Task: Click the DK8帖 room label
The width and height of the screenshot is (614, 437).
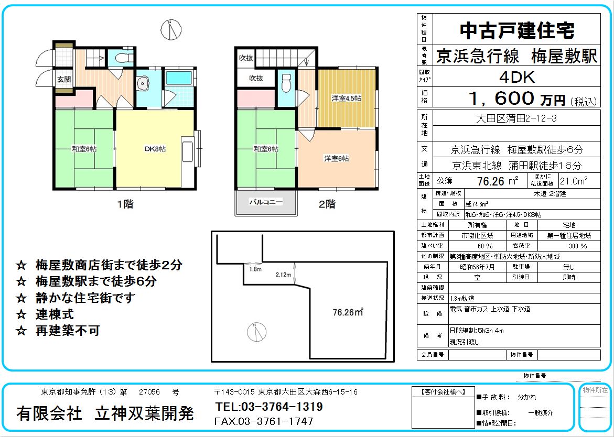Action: click(x=155, y=149)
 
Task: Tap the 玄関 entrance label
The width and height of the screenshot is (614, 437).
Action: click(x=64, y=80)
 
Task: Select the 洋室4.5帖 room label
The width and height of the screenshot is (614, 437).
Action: click(x=346, y=98)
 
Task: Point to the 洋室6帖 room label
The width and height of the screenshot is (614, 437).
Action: click(x=336, y=158)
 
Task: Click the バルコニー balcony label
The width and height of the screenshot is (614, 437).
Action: click(x=266, y=202)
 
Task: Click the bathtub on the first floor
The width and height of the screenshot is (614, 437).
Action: click(x=178, y=78)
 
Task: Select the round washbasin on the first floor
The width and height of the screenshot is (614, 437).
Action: click(x=142, y=83)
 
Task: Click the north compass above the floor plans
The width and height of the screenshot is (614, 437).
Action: click(x=171, y=29)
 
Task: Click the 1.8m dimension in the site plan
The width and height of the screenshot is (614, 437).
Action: click(x=255, y=269)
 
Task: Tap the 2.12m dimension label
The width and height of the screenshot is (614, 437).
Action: click(x=284, y=275)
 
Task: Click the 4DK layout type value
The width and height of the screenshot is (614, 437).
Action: click(x=517, y=78)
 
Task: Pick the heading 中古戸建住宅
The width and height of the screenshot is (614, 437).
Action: click(x=517, y=30)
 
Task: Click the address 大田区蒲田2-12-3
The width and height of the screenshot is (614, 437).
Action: click(x=516, y=118)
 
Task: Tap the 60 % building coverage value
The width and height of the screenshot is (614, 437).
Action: click(x=485, y=246)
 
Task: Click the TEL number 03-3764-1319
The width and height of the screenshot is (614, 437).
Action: click(x=269, y=407)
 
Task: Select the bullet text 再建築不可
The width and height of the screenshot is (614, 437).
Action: click(x=67, y=331)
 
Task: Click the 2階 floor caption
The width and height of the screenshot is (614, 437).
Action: click(x=327, y=204)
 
